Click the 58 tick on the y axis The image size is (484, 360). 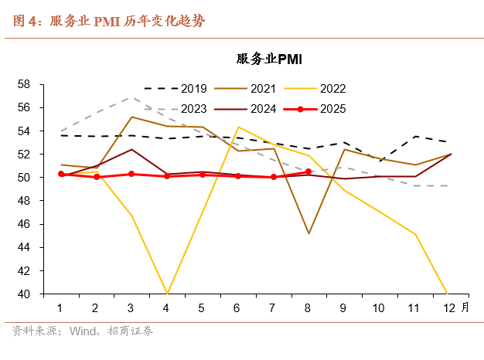[24, 83]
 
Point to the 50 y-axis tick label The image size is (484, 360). [24, 177]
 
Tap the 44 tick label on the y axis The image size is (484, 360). [24, 247]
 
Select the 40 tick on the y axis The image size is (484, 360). [24, 294]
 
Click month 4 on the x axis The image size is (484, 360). [166, 308]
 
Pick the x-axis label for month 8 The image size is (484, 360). [308, 308]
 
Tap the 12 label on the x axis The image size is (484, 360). [449, 308]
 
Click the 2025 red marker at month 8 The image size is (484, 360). [308, 172]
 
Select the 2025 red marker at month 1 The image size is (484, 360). [60, 174]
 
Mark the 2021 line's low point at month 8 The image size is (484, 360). [308, 233]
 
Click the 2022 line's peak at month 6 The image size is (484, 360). [237, 127]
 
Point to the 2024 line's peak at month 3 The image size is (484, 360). [131, 149]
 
